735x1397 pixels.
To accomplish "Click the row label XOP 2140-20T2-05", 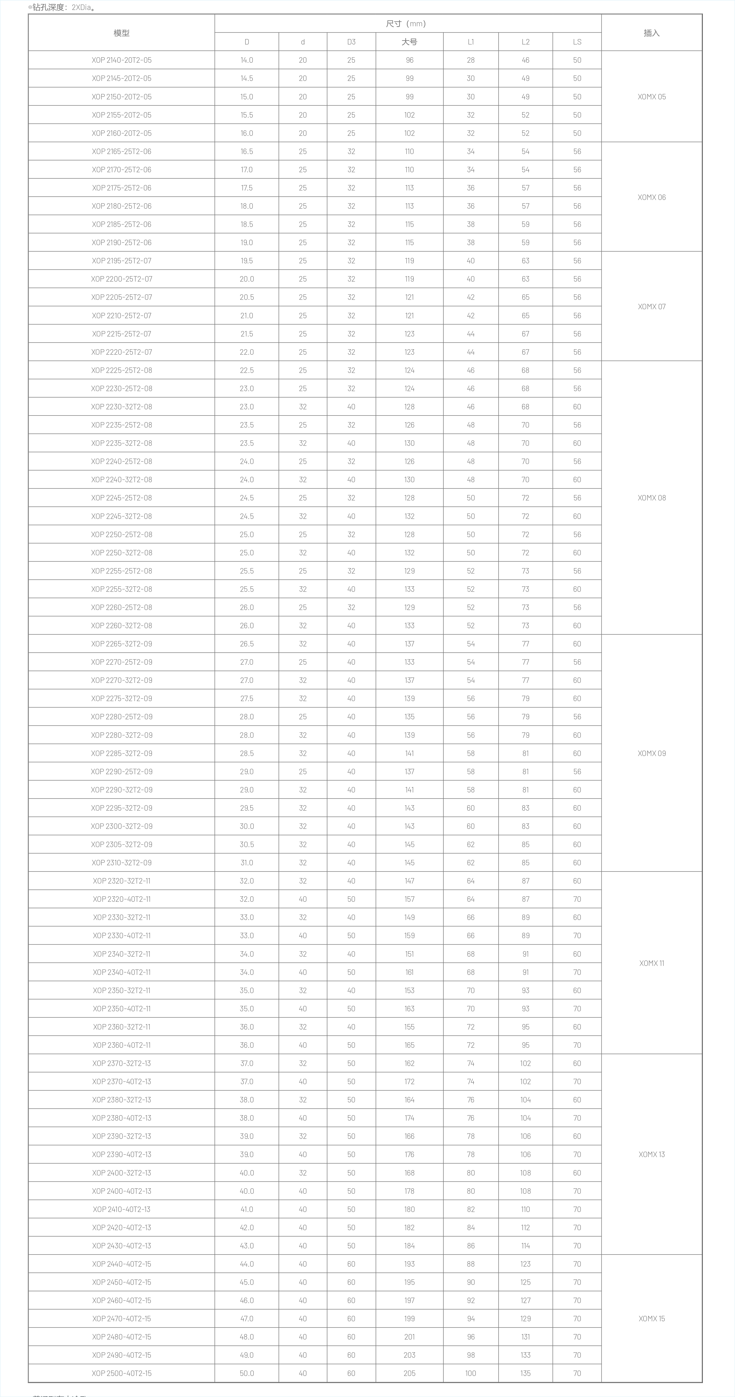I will point(121,60).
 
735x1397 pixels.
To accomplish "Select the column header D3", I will point(351,42).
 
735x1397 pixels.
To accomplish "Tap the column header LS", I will point(577,42).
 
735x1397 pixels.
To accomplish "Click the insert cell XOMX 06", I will point(652,197).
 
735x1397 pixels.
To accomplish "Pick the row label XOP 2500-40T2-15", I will point(121,1373).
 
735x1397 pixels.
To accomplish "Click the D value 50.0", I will point(247,1373).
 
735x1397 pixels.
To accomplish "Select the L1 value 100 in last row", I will point(470,1373).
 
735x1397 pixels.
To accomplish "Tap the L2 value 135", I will point(525,1373).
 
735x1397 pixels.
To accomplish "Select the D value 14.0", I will point(247,60).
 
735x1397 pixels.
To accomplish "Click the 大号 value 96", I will point(409,60).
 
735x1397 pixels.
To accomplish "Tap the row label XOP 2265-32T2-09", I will point(121,644).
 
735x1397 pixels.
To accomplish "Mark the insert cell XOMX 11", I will point(652,963).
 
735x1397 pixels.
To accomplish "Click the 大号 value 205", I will point(409,1373).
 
